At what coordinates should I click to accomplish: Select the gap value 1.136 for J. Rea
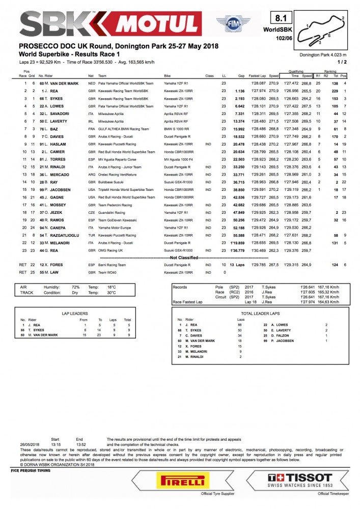point(240,91)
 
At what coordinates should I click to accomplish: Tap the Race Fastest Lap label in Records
point(188,302)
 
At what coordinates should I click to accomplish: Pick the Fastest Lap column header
point(259,75)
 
